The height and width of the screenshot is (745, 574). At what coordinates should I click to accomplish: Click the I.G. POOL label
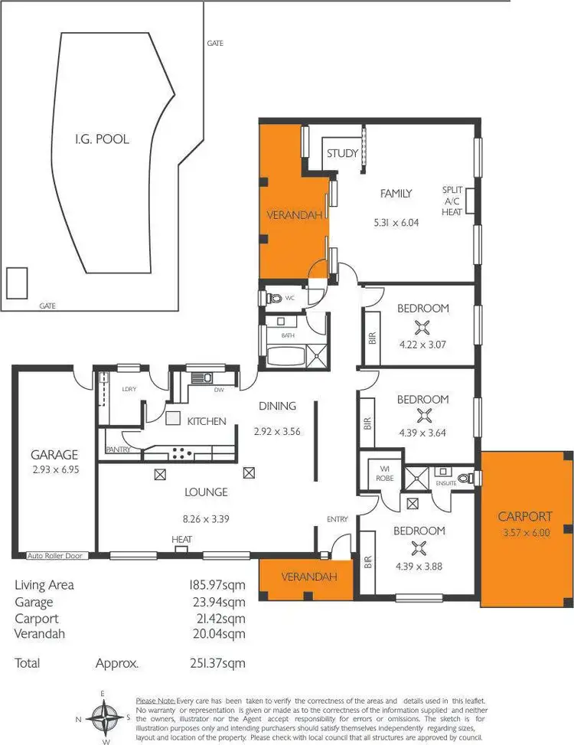click(101, 139)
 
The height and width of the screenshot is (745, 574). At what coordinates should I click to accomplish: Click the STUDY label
click(342, 153)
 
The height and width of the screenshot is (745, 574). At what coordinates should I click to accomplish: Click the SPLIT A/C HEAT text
click(452, 201)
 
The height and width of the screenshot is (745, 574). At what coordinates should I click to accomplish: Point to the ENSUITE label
click(446, 484)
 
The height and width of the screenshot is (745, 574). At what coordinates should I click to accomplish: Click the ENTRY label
click(338, 519)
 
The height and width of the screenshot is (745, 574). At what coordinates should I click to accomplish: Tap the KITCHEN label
click(207, 421)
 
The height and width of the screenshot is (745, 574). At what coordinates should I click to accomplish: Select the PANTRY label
click(118, 450)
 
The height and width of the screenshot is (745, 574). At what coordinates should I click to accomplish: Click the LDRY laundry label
click(129, 389)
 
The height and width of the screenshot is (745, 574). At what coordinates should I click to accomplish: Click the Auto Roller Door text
click(57, 556)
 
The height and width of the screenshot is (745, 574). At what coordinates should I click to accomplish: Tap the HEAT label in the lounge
click(181, 540)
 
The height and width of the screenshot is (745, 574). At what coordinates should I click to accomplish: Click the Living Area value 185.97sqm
click(215, 586)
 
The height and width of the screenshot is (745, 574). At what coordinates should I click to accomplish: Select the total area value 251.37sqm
click(215, 663)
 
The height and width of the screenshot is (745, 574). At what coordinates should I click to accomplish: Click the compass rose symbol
click(103, 720)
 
